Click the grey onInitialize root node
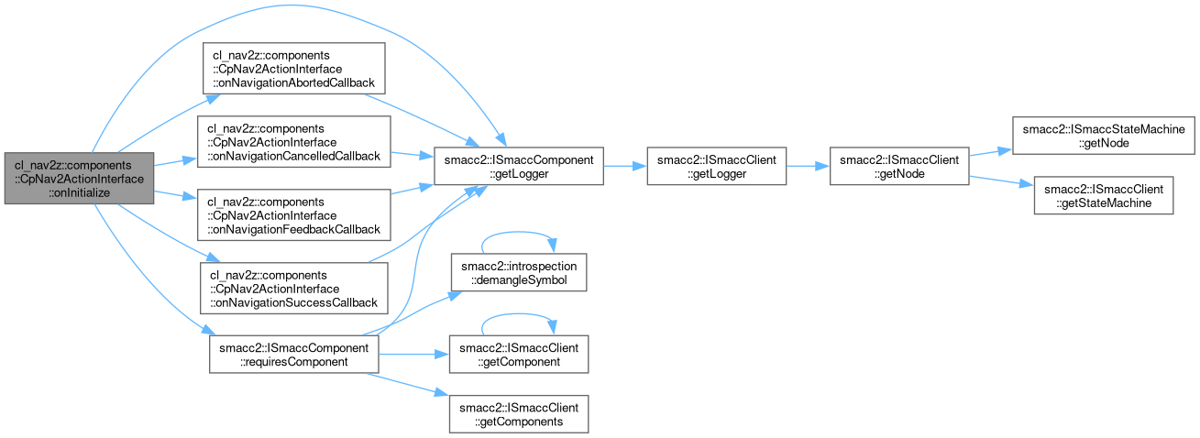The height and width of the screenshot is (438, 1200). point(78,179)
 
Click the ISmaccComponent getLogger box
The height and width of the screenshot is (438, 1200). point(517,167)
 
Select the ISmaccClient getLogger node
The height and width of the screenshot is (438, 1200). point(717,167)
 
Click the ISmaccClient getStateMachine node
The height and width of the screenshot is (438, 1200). point(1103,196)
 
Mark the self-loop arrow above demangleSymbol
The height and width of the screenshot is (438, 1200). point(518,235)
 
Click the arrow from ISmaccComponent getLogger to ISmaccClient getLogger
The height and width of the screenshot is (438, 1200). point(624,167)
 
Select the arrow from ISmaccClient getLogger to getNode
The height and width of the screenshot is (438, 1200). point(807,167)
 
